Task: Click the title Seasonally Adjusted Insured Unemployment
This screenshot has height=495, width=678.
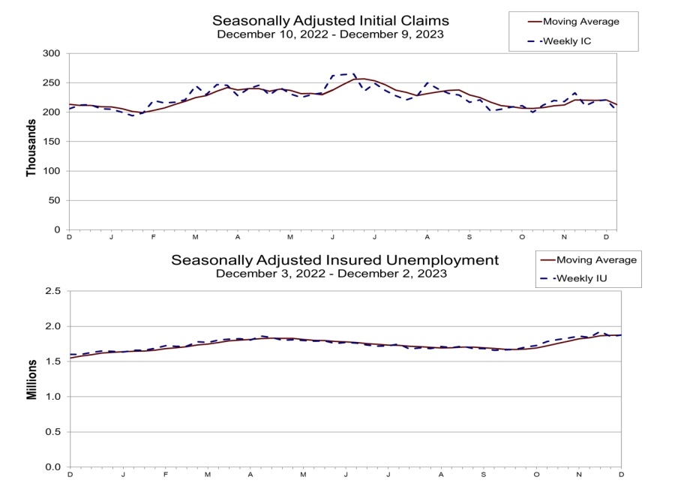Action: [334, 260]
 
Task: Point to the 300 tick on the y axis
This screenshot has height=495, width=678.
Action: [50, 54]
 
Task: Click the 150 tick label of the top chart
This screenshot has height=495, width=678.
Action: [50, 142]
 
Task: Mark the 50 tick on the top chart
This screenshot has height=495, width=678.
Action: [53, 200]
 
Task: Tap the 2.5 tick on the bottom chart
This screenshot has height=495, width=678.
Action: [53, 291]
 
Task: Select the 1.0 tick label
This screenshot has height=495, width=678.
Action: [53, 397]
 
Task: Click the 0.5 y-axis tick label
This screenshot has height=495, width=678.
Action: [53, 432]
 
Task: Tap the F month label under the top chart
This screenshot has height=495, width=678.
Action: [153, 237]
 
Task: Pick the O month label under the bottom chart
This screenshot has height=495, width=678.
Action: [536, 475]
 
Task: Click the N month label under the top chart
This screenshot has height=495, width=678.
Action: [565, 237]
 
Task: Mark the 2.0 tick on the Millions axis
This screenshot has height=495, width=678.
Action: [53, 326]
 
